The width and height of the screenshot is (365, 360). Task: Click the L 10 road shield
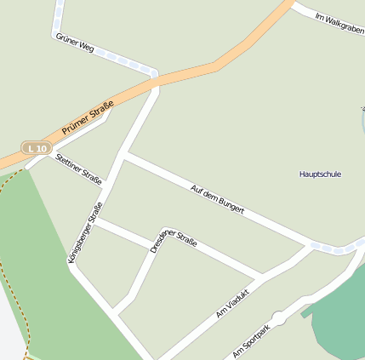[37, 149]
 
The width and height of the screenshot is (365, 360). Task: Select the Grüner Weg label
[74, 43]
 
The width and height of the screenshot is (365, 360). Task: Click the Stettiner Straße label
[78, 169]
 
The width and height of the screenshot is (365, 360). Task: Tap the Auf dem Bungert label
[218, 198]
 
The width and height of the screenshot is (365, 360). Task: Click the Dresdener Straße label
[174, 239]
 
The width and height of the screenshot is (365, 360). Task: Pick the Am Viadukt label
[236, 301]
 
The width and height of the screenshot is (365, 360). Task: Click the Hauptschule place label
[320, 174]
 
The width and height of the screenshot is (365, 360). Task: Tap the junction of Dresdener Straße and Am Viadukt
[261, 277]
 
